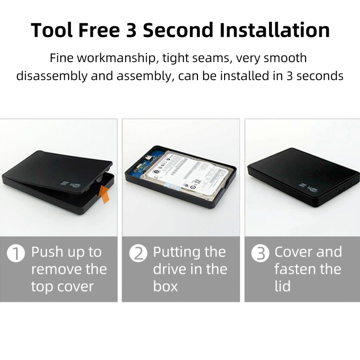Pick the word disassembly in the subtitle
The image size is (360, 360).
pyautogui.click(x=51, y=75)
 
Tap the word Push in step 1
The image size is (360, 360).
pyautogui.click(x=47, y=252)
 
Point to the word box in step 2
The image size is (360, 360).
pyautogui.click(x=166, y=286)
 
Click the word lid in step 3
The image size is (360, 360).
pyautogui.click(x=282, y=286)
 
